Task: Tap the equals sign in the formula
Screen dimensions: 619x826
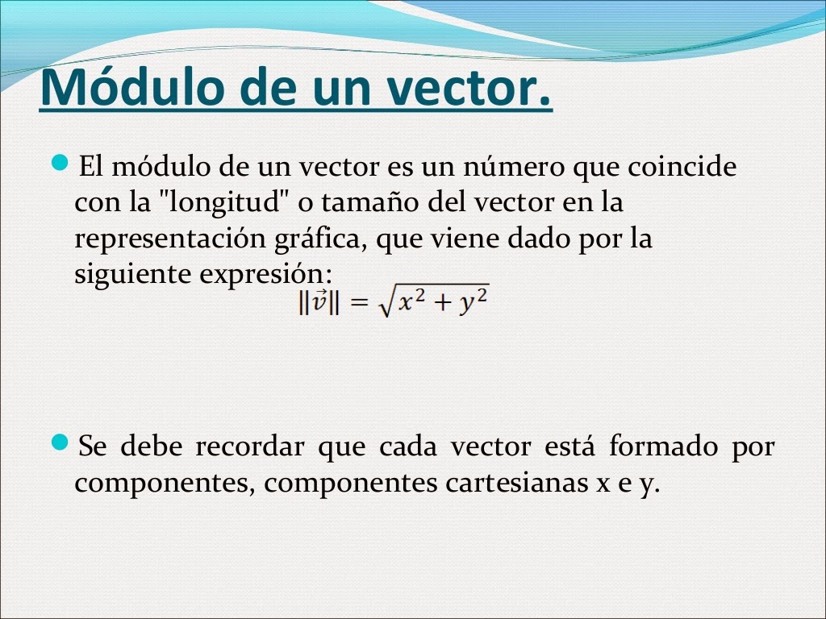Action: point(358,305)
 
